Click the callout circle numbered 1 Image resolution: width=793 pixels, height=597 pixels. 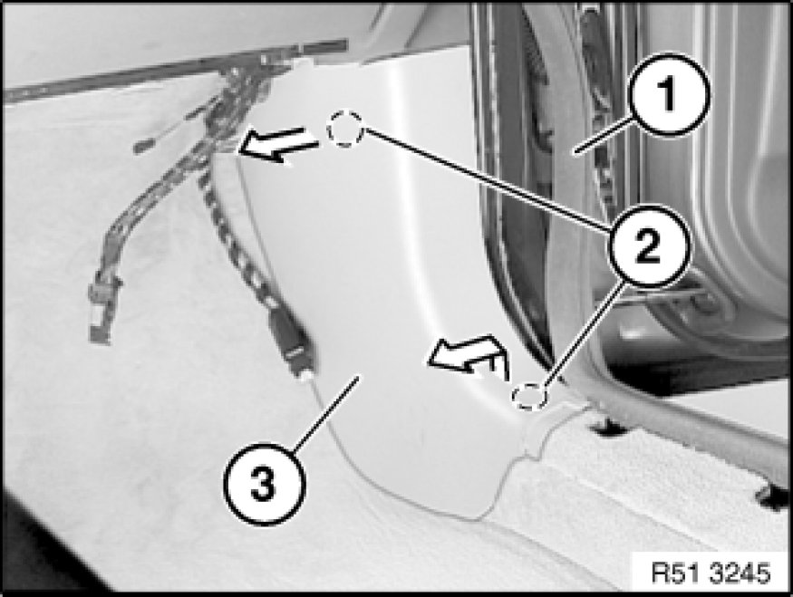click(x=669, y=95)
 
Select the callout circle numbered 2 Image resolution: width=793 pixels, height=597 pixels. click(x=648, y=247)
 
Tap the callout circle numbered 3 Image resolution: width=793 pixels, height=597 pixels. click(x=265, y=485)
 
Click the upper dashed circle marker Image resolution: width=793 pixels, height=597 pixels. click(x=345, y=129)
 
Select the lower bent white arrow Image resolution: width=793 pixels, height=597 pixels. click(x=468, y=356)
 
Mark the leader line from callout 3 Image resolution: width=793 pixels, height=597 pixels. click(x=326, y=412)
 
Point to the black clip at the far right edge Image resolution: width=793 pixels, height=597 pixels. click(x=772, y=497)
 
